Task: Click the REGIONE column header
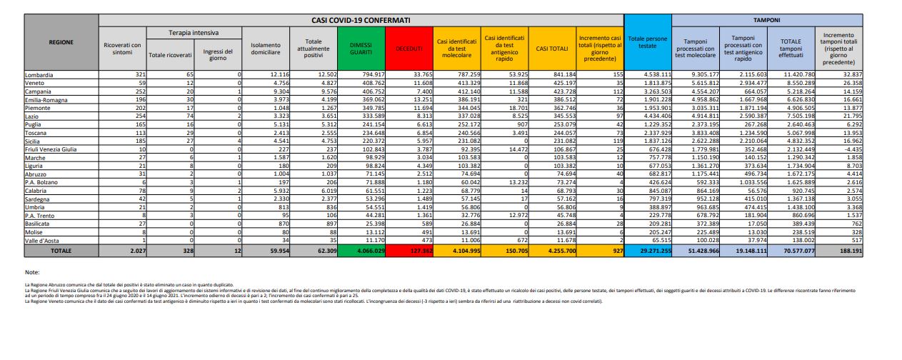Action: [x=61, y=42]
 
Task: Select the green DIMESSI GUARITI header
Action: [x=360, y=47]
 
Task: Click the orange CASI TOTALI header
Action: [x=549, y=47]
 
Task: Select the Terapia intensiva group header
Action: [x=194, y=33]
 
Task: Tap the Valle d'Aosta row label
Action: [x=42, y=241]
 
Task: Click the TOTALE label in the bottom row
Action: [x=61, y=251]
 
